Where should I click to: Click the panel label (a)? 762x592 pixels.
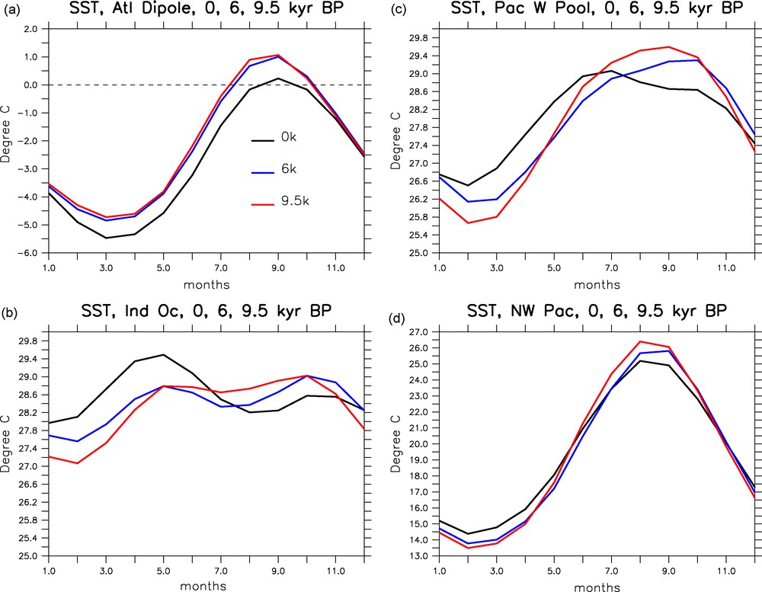pos(11,8)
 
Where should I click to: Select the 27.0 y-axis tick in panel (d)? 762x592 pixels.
pos(416,332)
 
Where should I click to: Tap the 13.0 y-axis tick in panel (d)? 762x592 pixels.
pos(416,556)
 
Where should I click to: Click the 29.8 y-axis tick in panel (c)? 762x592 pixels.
pos(416,38)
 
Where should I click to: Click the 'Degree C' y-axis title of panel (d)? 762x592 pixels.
pos(395,443)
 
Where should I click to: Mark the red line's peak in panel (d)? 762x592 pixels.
pos(640,342)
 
